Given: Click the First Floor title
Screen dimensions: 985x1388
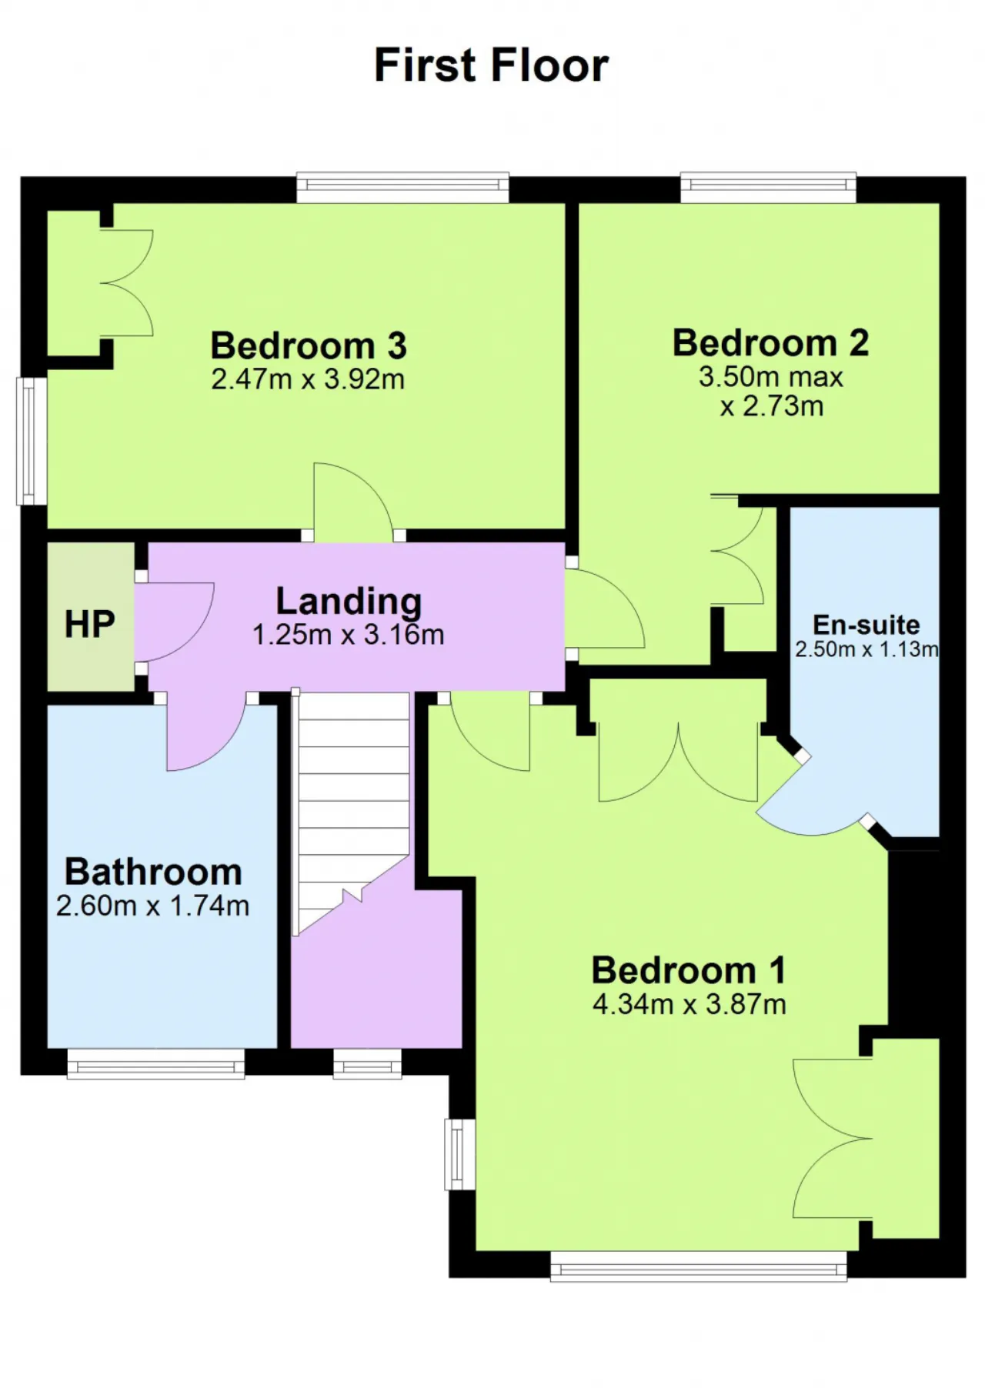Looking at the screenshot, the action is [x=492, y=65].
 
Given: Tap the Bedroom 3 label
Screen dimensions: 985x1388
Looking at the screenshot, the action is [x=309, y=345].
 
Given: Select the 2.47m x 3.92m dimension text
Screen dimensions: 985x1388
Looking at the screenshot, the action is [x=308, y=379].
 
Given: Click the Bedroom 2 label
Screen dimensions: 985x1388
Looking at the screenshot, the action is [x=771, y=342].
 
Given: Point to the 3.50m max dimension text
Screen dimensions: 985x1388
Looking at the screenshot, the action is [x=771, y=377].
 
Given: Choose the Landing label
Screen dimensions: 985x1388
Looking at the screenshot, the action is [x=349, y=602].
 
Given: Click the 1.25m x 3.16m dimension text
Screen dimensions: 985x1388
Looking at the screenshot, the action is [x=349, y=635].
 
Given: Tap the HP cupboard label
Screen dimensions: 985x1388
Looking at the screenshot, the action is [x=90, y=624].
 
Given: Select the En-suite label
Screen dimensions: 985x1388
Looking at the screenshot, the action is [x=866, y=624].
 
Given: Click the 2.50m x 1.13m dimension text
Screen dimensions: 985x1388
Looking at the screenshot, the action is [x=866, y=649].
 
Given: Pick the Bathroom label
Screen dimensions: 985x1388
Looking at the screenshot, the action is [x=153, y=872].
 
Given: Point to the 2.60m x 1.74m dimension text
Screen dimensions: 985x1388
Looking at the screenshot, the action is [x=153, y=906].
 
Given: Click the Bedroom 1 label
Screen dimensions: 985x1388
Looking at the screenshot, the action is [x=689, y=970].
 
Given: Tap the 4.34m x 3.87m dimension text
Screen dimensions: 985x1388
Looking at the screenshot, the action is [x=689, y=1004].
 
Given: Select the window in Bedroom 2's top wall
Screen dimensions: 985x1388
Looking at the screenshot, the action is [x=768, y=187].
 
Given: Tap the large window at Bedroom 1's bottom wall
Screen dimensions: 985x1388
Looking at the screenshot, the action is [x=699, y=1266].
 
